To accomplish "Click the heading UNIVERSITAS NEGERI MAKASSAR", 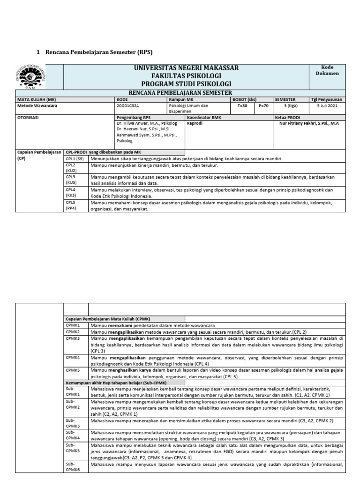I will pos(186,68).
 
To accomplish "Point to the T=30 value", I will pos(243,106).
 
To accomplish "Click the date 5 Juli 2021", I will pos(327,106).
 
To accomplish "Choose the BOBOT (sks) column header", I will pos(245,99).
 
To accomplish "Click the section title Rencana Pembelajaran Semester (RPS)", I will pos(99,52).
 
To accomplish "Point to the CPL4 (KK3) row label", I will pos(72,193).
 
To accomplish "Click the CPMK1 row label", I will pos(73,325).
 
